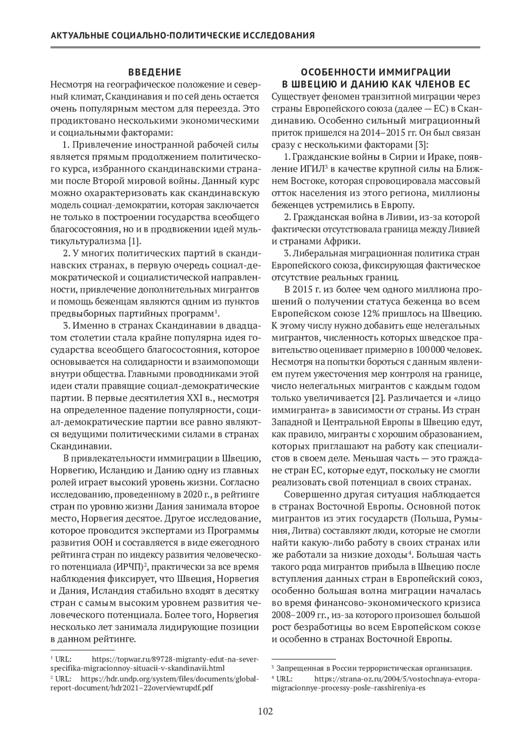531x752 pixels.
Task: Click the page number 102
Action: [265, 712]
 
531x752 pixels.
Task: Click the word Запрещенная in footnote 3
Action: [299, 668]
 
